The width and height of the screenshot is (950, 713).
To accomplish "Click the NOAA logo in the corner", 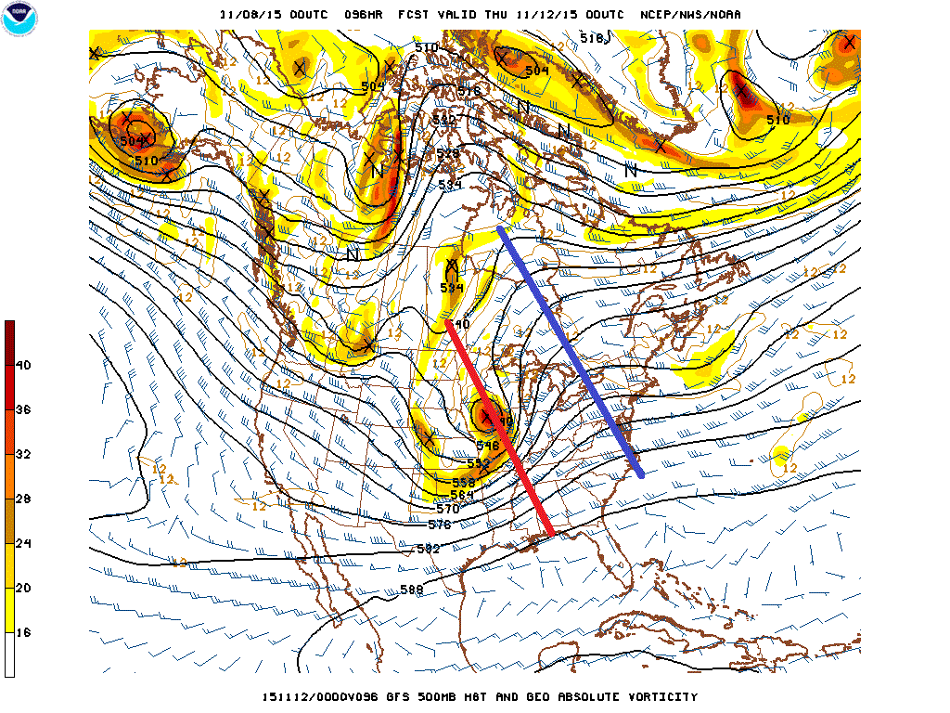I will pos(19,19).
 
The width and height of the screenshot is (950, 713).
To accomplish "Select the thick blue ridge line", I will pos(571,351).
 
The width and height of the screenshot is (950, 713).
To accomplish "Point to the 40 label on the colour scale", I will pos(23,366).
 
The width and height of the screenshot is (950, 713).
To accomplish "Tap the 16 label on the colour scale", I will pos(23,632).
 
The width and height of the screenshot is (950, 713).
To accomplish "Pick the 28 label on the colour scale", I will pos(23,499).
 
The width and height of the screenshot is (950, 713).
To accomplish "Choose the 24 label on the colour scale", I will pos(23,544).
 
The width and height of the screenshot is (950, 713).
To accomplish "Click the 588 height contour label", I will pos(413,590).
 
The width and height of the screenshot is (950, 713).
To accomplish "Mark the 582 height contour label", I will pos(427,549).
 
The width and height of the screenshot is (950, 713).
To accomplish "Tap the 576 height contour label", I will pos(440,525).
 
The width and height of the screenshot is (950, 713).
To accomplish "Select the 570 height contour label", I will pos(447,509).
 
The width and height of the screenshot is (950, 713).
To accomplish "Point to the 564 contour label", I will pos(461,495).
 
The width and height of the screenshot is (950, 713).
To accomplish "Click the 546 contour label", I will pos(488,446).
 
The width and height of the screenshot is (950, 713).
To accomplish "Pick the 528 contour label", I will pos(449,153).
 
